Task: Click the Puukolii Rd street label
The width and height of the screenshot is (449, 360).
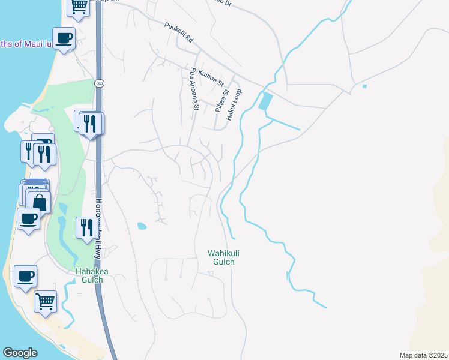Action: tap(178, 32)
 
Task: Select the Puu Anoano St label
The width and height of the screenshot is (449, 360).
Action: tap(193, 89)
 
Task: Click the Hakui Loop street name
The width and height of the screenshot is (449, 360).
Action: tap(234, 105)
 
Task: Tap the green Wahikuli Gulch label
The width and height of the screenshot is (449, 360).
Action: tap(220, 257)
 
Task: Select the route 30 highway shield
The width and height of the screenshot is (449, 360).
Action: tap(98, 83)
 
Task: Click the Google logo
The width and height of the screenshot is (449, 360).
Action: tap(20, 353)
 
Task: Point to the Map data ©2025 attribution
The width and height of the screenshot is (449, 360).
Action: tap(424, 355)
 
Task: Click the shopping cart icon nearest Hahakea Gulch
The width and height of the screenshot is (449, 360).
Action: tap(45, 301)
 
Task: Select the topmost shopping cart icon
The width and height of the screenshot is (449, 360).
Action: tap(79, 6)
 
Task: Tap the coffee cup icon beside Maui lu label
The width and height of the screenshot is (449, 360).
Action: tap(64, 38)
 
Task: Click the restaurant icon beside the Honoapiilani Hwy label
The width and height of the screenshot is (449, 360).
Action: tap(86, 227)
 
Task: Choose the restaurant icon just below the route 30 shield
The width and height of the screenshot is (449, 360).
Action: tap(91, 124)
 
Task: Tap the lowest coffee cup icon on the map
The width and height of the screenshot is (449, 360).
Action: tap(25, 277)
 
